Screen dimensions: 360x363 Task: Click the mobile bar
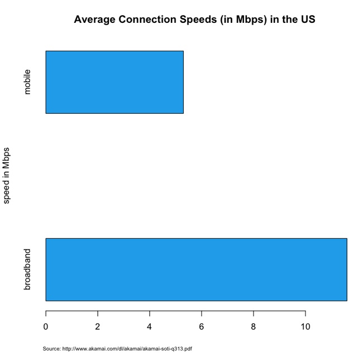[x=114, y=82]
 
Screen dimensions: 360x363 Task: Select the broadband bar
[x=196, y=270]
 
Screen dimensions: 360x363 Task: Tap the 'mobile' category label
[x=27, y=82]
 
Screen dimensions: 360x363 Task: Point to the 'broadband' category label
[x=27, y=270]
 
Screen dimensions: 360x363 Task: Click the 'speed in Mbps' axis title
[x=7, y=176]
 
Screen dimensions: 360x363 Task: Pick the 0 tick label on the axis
[x=46, y=327]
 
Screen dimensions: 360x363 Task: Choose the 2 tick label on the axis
[x=98, y=327]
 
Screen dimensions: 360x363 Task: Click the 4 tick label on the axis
[x=150, y=327]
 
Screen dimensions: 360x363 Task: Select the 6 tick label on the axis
[x=202, y=327]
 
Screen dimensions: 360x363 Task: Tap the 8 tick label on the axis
[x=254, y=327]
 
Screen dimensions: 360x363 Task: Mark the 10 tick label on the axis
[x=305, y=327]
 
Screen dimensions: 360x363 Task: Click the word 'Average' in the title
[x=94, y=20]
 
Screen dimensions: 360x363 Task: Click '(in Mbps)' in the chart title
[x=244, y=20]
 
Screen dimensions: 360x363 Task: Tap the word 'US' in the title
[x=308, y=20]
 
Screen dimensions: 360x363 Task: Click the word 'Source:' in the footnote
[x=51, y=349]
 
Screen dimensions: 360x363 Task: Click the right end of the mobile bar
[x=183, y=82]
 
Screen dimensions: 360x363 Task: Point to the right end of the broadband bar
[x=346, y=270]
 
